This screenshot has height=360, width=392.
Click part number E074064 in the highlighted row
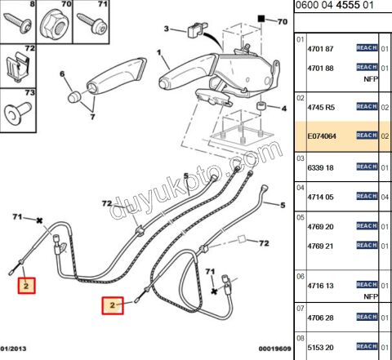point(322,136)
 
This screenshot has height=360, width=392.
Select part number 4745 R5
point(321,108)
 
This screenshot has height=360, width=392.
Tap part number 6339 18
point(320,167)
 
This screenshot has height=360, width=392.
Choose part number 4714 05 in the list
point(320,197)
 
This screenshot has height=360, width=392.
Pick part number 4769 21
point(320,246)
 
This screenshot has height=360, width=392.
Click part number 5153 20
point(320,348)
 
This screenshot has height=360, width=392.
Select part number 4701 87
point(320,49)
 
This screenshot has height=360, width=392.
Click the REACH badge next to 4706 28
point(367,317)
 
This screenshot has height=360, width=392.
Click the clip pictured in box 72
point(17,66)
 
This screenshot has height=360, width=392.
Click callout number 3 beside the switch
point(167,29)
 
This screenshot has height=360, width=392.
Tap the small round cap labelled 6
point(74,96)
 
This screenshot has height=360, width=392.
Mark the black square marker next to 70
point(261,19)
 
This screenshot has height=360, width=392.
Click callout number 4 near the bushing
point(284,109)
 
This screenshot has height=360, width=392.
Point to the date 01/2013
point(13,349)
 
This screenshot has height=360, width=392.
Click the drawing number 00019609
point(274,349)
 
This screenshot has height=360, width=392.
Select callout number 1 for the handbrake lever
point(159,52)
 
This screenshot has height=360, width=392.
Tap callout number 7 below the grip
point(92,117)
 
